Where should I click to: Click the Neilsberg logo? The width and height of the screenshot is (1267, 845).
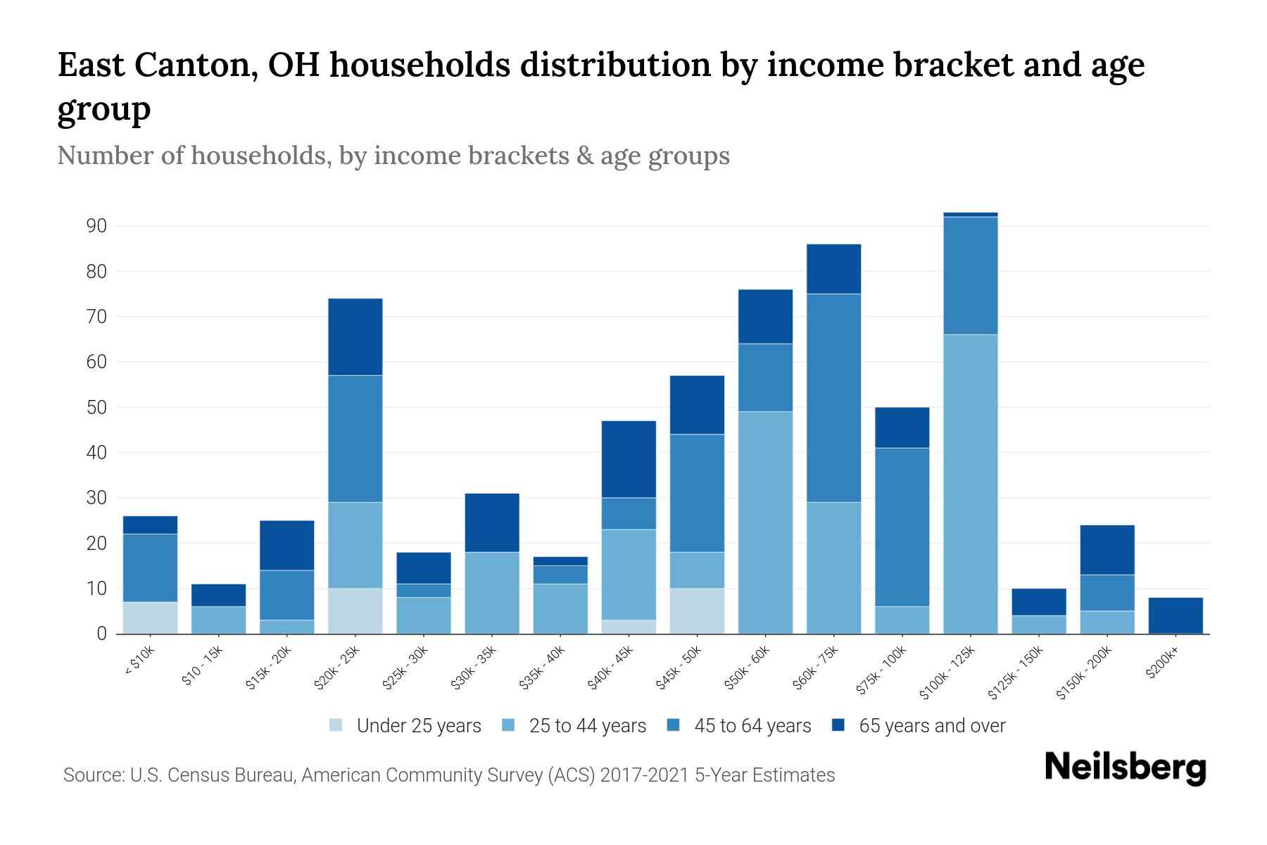click(x=1125, y=767)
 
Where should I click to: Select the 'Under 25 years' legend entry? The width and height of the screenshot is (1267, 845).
click(x=418, y=726)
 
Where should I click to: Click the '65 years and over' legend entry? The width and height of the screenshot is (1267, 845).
click(x=931, y=726)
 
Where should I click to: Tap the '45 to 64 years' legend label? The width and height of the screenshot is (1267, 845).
click(x=752, y=726)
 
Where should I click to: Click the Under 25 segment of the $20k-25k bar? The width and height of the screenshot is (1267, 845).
click(x=355, y=611)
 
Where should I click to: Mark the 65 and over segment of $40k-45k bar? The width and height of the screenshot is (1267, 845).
click(x=629, y=459)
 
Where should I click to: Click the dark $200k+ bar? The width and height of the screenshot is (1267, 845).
click(x=1175, y=615)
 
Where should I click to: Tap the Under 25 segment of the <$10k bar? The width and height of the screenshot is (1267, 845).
click(x=150, y=618)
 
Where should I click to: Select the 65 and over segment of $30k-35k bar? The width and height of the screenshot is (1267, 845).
click(x=492, y=522)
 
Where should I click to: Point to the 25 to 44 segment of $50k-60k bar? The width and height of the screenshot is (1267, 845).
click(x=765, y=522)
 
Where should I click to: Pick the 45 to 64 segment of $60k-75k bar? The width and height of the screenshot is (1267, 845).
click(x=833, y=398)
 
